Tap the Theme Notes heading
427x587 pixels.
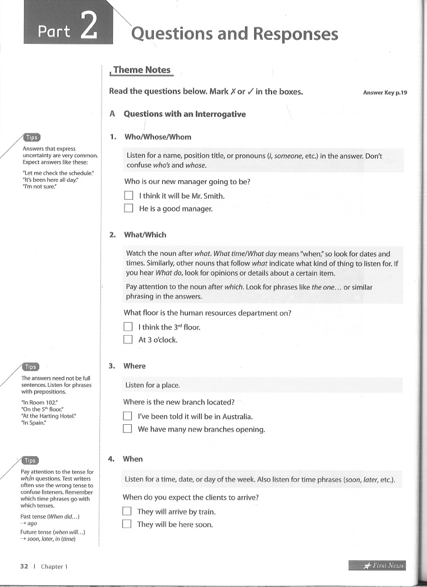(x=141, y=70)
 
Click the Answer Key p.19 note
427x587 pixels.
(x=384, y=93)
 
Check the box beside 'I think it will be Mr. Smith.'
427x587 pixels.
(x=128, y=196)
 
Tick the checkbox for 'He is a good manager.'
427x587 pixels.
(x=128, y=208)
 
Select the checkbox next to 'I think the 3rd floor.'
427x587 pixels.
(x=128, y=327)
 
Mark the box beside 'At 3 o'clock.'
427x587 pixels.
(x=128, y=340)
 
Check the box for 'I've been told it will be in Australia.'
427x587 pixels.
(x=127, y=417)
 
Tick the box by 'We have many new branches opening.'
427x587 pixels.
(x=127, y=429)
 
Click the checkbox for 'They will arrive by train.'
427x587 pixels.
(x=127, y=512)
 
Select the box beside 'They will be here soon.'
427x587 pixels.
(x=127, y=525)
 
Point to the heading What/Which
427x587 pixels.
(x=145, y=235)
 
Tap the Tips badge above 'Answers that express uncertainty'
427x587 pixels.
(x=31, y=137)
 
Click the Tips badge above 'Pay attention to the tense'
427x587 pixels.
(x=30, y=461)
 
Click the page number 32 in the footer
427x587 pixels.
(x=24, y=567)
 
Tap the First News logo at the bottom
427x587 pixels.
(x=377, y=566)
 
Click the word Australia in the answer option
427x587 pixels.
(x=235, y=417)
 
